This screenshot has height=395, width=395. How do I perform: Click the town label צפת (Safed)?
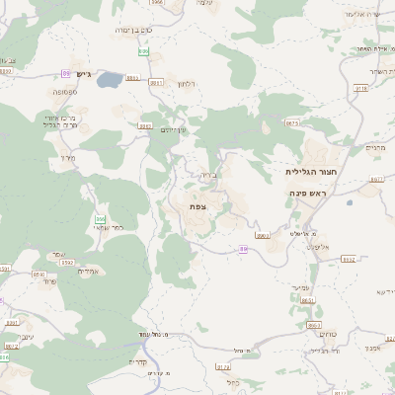pos(197,206)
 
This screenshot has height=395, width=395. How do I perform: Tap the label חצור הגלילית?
pos(306,171)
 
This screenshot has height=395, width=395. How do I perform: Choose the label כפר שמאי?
pos(108,228)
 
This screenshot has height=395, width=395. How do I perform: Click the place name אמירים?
pos(89,271)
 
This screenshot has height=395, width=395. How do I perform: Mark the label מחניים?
pos(375,147)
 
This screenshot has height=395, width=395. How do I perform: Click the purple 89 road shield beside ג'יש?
pos(66,74)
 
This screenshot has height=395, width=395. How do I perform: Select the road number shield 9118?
pos(360,89)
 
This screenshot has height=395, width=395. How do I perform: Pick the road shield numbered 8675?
pos(291,123)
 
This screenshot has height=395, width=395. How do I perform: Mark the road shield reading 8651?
pos(307,299)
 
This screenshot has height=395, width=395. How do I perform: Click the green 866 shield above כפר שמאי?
pos(99,218)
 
